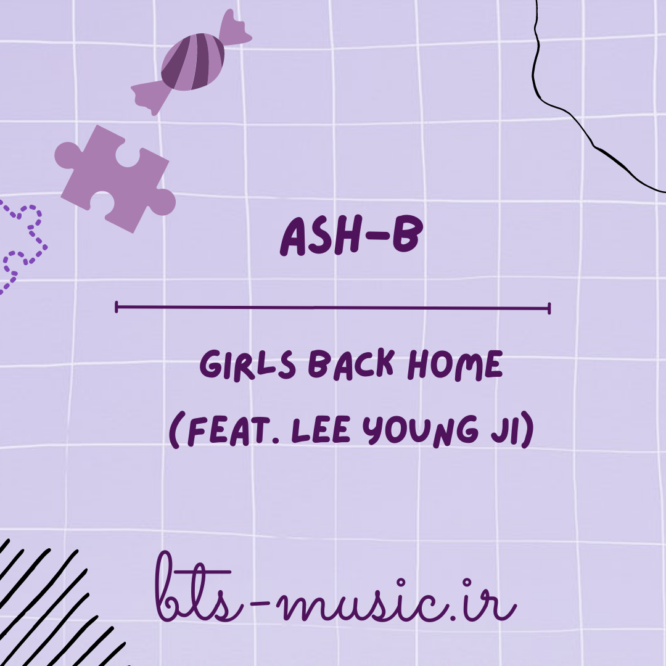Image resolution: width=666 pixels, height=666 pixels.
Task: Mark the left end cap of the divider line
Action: click(117, 307)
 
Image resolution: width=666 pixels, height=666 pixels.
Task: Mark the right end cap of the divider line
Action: click(549, 308)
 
